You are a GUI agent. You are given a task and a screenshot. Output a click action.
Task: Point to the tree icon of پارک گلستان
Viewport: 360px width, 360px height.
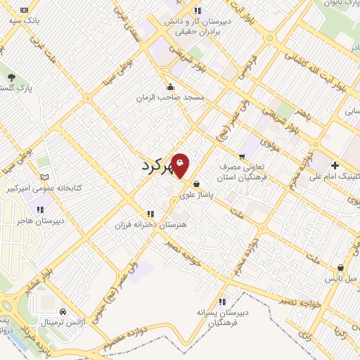pos(11,77)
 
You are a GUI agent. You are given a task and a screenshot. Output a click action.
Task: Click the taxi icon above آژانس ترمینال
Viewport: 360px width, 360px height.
pos(63,311)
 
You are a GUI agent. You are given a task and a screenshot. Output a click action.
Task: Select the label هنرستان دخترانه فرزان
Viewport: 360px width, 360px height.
pos(148,226)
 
